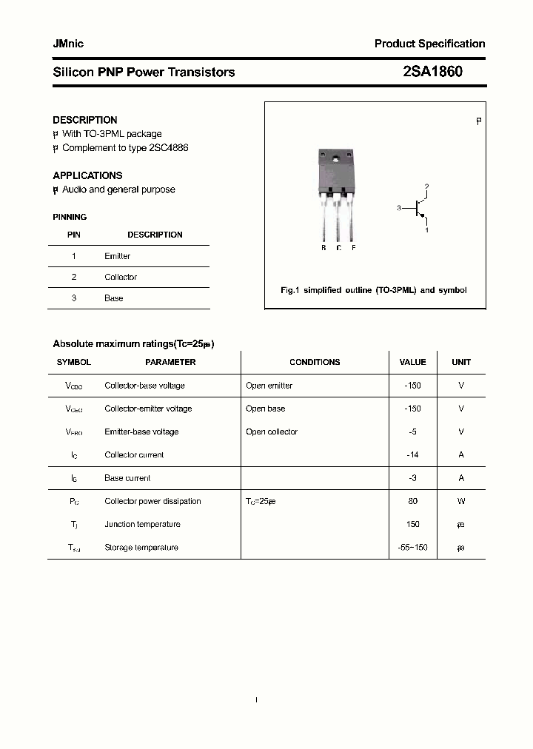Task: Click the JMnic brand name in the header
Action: point(68,44)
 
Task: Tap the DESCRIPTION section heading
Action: point(85,120)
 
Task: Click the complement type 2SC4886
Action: point(167,147)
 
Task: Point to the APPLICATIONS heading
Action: point(87,175)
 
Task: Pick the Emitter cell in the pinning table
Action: point(117,256)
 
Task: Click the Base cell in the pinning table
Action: point(113,298)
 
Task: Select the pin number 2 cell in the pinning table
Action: point(74,277)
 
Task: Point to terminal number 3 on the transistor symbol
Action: point(398,209)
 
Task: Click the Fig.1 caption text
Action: point(373,290)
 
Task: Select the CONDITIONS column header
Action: point(315,362)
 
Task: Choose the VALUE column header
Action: point(412,362)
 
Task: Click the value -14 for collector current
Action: point(412,455)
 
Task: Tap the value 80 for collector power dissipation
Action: point(412,501)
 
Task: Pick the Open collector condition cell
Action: point(272,431)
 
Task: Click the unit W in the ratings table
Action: point(461,501)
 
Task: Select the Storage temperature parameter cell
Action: point(141,548)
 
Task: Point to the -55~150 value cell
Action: point(412,548)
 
